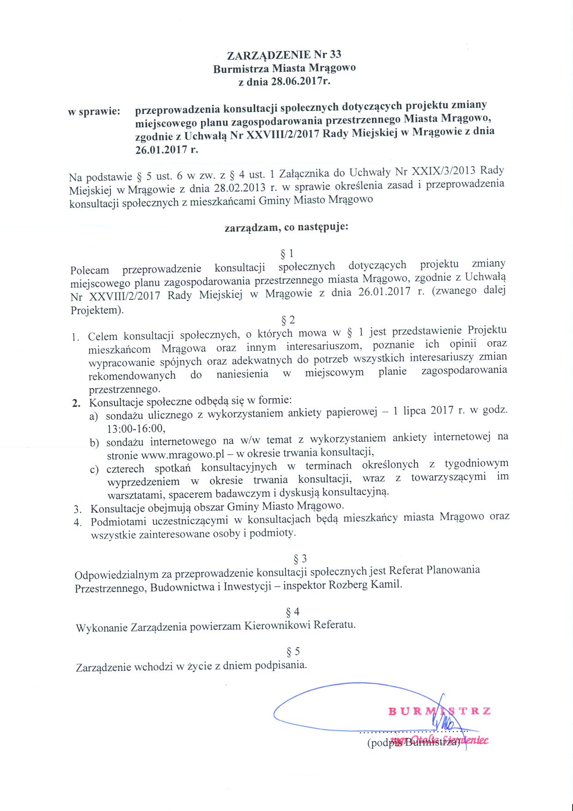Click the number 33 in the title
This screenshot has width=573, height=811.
pyautogui.click(x=335, y=54)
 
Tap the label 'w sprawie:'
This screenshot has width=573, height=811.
pyautogui.click(x=94, y=111)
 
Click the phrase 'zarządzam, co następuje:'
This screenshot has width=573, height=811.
pyautogui.click(x=286, y=227)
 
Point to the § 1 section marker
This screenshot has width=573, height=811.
pyautogui.click(x=287, y=253)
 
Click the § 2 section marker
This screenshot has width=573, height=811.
pyautogui.click(x=288, y=320)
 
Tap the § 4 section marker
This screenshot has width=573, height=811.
pyautogui.click(x=293, y=612)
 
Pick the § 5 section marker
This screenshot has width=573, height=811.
pyautogui.click(x=293, y=651)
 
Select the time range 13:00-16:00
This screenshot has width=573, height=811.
pyautogui.click(x=136, y=428)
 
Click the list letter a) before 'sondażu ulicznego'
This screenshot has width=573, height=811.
pyautogui.click(x=94, y=416)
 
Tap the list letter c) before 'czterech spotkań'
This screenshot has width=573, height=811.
pyautogui.click(x=94, y=470)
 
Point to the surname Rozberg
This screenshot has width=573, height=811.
pyautogui.click(x=347, y=584)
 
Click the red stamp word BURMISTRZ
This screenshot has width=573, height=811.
pyautogui.click(x=439, y=711)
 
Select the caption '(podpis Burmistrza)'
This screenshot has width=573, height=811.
pyautogui.click(x=414, y=743)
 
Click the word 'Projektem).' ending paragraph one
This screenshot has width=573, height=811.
pyautogui.click(x=97, y=310)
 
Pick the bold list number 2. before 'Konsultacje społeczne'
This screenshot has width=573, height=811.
pyautogui.click(x=77, y=403)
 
